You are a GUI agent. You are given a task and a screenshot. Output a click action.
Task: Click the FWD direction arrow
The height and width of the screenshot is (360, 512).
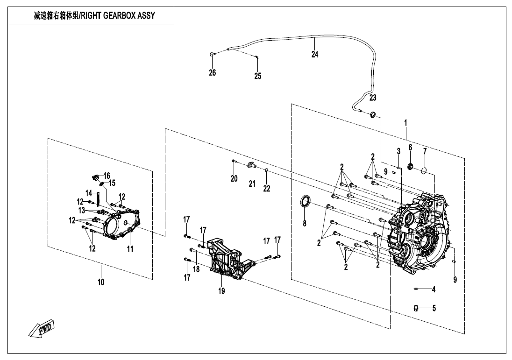tap(42, 327)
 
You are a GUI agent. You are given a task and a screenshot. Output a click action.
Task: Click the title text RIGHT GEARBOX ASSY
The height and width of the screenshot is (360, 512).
tap(118, 15)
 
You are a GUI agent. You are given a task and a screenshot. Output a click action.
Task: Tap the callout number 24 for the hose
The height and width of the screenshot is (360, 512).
tap(315, 54)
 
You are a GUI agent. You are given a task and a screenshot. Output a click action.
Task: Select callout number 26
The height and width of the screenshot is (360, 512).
tap(213, 72)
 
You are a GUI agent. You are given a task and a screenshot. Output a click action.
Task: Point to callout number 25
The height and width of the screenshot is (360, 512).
tap(258, 76)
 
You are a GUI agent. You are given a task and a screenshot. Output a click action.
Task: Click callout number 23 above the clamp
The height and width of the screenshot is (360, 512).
tap(373, 98)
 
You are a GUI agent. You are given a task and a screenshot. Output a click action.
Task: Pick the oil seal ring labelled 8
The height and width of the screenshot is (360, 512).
tap(306, 201)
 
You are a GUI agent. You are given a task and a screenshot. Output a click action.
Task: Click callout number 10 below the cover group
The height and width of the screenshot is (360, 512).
tap(101, 282)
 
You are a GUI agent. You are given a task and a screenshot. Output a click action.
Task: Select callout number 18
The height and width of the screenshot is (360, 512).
tap(196, 269)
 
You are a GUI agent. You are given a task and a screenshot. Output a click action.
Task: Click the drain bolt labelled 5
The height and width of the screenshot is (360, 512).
tap(416, 307)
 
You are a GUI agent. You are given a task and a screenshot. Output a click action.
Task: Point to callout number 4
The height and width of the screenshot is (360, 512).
tap(434, 289)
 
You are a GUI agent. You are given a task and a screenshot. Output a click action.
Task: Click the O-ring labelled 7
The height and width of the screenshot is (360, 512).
tap(424, 170)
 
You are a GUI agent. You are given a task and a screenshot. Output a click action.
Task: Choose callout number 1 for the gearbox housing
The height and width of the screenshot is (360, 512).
tap(405, 123)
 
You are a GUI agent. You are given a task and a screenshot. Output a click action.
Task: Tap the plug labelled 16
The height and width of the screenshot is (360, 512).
tap(95, 178)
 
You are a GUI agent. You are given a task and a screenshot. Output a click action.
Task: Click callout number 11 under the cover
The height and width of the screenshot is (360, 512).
tap(130, 249)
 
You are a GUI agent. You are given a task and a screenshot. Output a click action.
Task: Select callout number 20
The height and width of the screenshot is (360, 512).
tap(234, 178)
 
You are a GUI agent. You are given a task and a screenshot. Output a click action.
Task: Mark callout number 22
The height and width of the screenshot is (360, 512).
tap(267, 188)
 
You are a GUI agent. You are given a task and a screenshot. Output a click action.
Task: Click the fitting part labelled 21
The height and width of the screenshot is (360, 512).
tap(251, 165)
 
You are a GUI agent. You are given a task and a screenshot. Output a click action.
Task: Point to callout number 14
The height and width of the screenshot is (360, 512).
tap(89, 193)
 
